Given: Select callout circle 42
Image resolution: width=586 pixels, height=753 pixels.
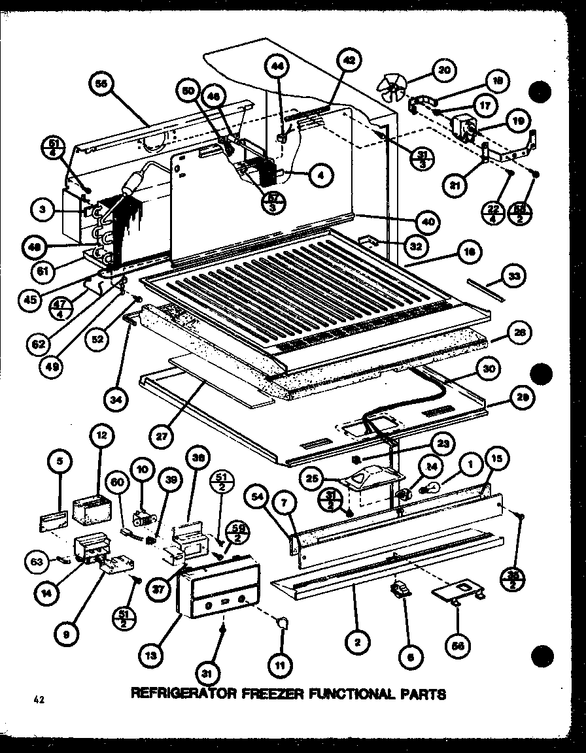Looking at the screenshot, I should coord(349,61).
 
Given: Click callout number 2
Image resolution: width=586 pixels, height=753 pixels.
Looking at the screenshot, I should coord(356,643).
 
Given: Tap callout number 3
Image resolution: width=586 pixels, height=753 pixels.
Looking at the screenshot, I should coord(43,209).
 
